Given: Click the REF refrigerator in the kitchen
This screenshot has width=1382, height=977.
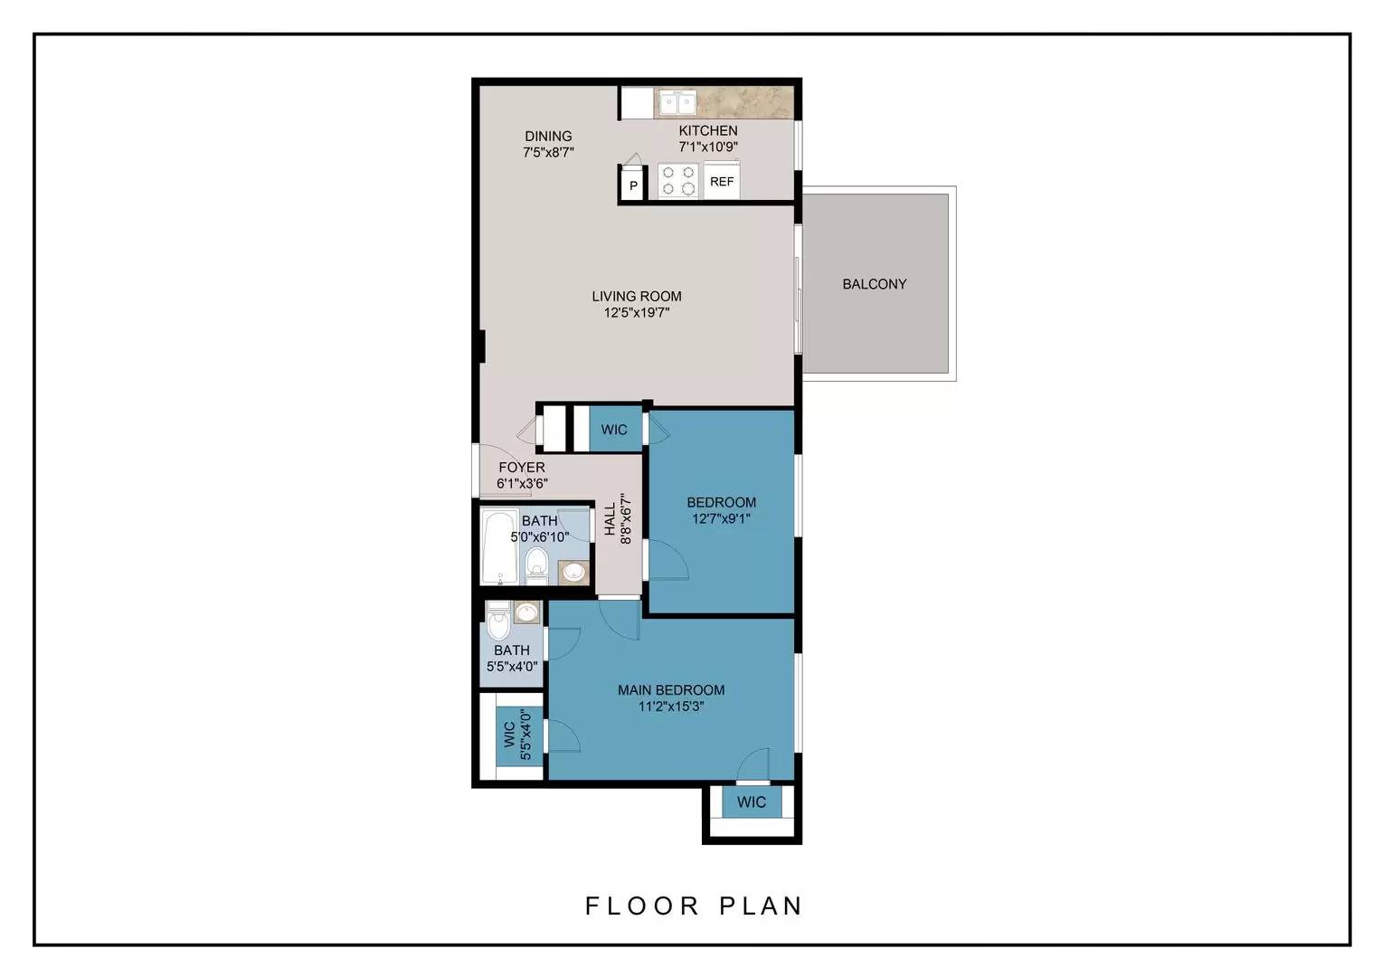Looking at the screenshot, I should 722,181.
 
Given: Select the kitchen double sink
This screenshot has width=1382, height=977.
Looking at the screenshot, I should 676,104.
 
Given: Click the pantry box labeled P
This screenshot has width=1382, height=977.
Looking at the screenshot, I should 633,186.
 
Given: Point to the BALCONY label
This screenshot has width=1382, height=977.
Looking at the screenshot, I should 874,284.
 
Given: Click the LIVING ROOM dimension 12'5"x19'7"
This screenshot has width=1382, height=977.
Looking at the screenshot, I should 637,313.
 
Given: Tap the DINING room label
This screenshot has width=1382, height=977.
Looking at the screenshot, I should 548,137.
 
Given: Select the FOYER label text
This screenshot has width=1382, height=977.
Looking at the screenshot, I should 522,468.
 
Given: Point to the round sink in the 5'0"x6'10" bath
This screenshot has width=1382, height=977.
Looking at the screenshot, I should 573,572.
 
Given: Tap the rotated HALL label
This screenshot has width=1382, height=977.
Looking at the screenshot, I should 610,519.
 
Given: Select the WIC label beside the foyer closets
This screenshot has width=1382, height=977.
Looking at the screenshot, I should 614,430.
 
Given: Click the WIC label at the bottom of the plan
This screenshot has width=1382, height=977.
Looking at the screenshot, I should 751,802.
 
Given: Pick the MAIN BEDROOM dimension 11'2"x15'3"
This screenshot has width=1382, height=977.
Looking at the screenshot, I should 671,707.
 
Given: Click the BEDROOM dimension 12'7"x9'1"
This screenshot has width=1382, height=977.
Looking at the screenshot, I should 721,519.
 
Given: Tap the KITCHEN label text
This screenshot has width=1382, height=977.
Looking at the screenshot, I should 708,130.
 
